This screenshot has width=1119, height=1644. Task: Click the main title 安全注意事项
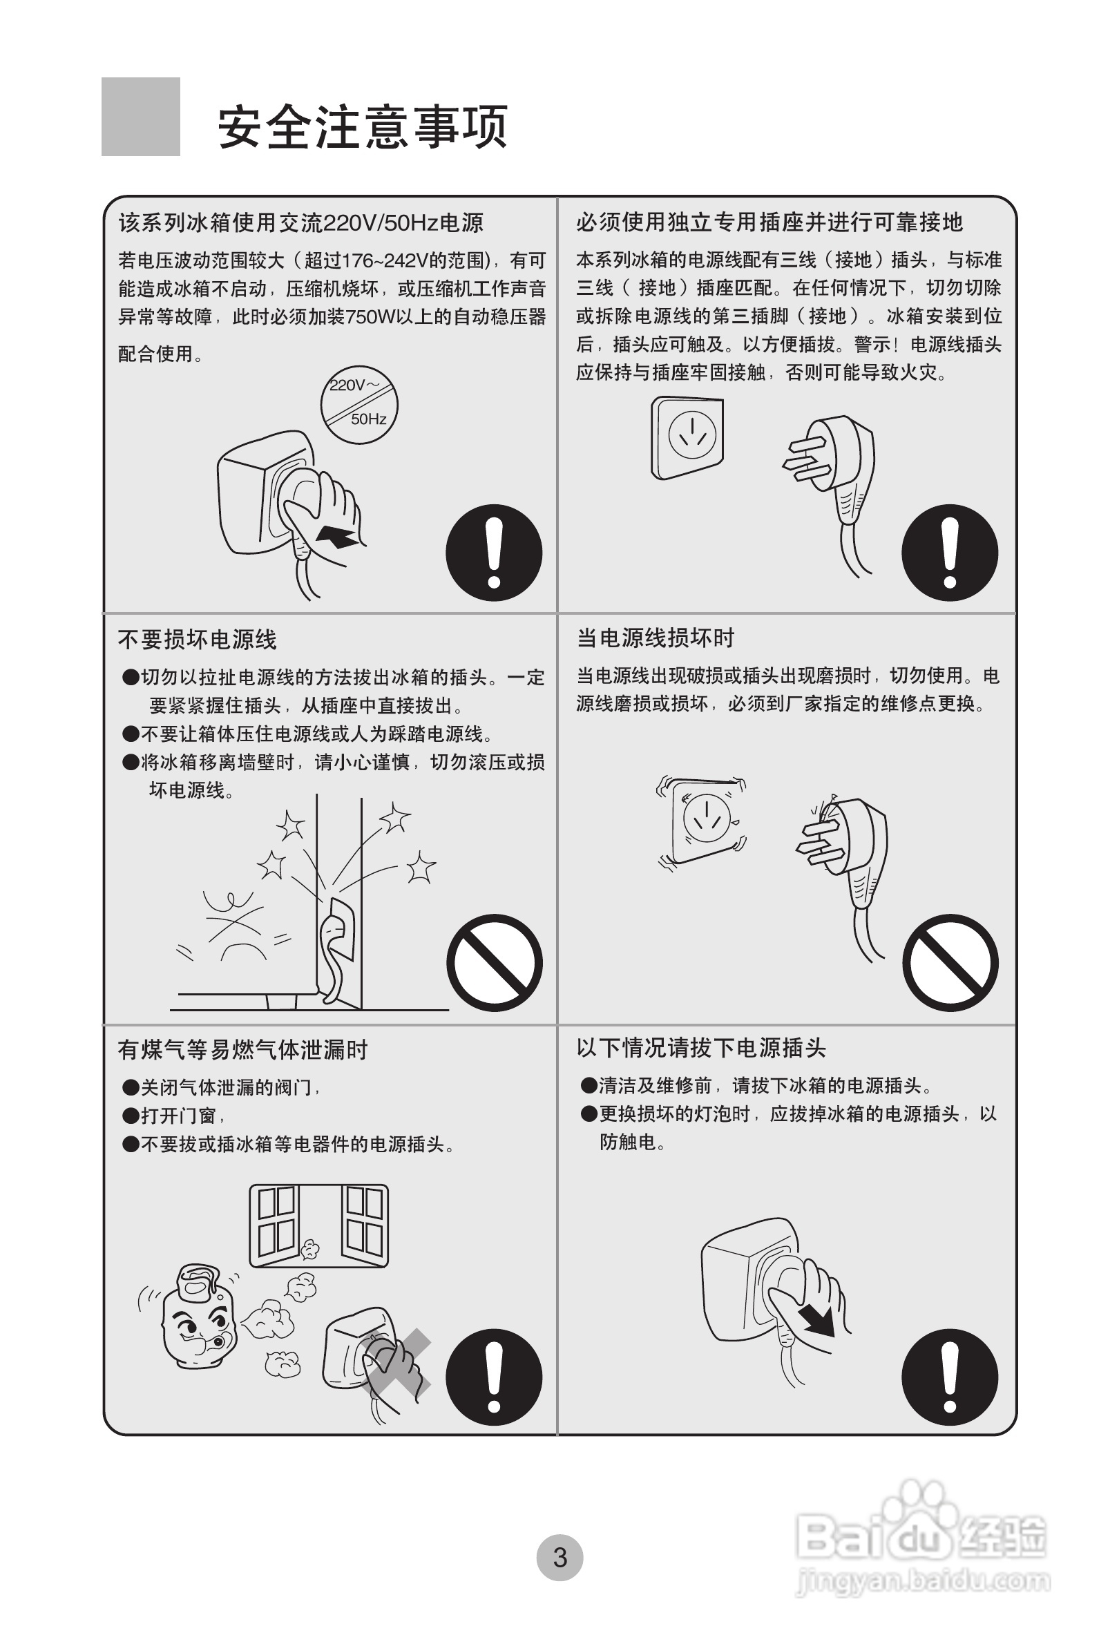coord(362,127)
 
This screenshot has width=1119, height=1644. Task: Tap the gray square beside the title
coord(141,117)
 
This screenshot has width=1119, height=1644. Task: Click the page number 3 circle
coord(559,1557)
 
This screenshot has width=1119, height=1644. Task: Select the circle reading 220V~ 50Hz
coord(359,405)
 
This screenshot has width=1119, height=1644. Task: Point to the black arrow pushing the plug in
coord(336,535)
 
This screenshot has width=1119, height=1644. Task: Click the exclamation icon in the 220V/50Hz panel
coord(494,553)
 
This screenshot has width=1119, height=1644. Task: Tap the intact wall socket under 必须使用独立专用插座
coord(687,437)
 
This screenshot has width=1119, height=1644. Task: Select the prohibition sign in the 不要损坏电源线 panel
coord(495,962)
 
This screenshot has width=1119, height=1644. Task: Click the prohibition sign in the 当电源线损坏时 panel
coord(950,962)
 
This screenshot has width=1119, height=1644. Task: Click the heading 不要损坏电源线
coord(198,640)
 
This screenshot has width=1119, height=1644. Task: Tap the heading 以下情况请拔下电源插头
coord(701,1048)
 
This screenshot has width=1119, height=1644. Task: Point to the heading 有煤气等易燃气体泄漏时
coord(242,1050)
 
